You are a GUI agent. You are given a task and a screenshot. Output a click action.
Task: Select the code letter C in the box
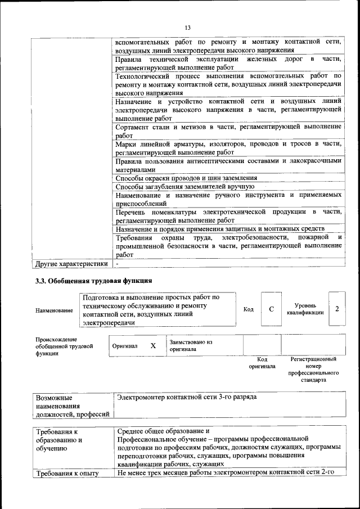coord(271,309)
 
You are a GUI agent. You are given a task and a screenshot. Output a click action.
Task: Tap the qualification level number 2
coord(336,309)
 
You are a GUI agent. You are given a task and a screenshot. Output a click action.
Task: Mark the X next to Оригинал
coord(153,346)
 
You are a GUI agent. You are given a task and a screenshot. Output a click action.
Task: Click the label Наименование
coord(54,310)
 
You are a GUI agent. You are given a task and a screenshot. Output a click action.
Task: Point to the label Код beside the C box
coord(248,309)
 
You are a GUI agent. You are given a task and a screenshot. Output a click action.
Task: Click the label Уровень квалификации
coord(305,309)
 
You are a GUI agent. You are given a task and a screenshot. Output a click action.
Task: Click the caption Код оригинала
coord(262,363)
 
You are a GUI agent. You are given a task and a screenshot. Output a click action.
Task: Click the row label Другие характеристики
coord(71,263)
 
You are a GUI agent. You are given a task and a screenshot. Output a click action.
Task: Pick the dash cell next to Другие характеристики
coord(118,263)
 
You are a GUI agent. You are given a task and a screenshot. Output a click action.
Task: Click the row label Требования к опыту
coord(67,473)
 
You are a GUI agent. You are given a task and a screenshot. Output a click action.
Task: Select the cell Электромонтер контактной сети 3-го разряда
coord(186,397)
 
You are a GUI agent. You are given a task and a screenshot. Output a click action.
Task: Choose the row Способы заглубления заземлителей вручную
coord(185,186)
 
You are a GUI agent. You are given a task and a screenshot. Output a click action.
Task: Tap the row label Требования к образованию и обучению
coord(59,440)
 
